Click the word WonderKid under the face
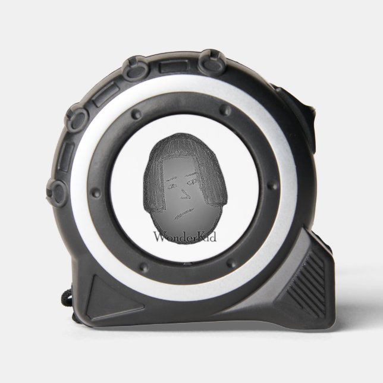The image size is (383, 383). [185, 237]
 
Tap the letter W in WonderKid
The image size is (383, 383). [159, 237]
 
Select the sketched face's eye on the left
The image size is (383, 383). [172, 186]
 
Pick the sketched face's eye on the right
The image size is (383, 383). [193, 182]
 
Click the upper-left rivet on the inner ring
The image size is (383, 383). [136, 114]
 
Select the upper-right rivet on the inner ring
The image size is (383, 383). [225, 110]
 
